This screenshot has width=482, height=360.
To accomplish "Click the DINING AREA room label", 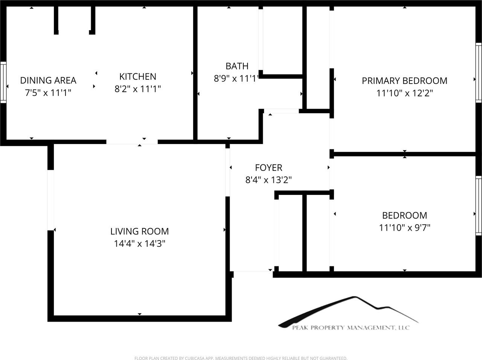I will click(x=48, y=80).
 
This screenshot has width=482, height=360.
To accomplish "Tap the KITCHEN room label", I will click(x=138, y=76).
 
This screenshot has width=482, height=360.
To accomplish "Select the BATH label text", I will click(x=237, y=66).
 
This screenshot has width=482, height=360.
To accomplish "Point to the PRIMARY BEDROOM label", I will click(x=404, y=81).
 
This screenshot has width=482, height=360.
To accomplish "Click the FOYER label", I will click(x=268, y=167).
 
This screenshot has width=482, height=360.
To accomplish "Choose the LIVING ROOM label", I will click(x=139, y=231).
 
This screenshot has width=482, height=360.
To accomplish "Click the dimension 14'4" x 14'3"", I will click(x=139, y=244).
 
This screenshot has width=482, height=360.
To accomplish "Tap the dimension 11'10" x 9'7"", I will click(x=404, y=228).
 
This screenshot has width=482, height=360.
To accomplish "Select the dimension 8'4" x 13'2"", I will click(x=268, y=180).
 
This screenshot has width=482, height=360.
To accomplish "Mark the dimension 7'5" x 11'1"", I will click(x=48, y=93).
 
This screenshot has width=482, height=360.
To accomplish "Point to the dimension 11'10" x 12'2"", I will click(x=404, y=93).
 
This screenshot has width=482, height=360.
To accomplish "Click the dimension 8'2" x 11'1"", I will click(x=138, y=89).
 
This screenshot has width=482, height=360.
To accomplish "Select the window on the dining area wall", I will click(x=3, y=82).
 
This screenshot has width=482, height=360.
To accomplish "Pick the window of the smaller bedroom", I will click(x=479, y=205).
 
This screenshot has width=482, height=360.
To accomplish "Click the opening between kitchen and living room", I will click(x=132, y=142).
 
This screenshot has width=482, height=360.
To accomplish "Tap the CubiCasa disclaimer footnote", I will click(x=241, y=358).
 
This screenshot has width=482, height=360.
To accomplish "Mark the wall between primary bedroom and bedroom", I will click(x=405, y=154).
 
